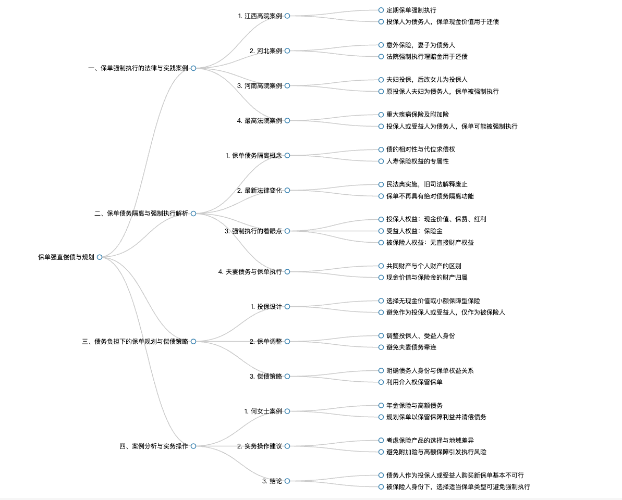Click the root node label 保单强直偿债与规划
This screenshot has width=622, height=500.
click(66, 257)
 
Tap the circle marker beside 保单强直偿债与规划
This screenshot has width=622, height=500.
click(100, 257)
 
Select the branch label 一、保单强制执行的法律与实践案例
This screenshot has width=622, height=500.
click(138, 68)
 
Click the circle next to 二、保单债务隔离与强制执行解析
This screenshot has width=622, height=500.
click(193, 214)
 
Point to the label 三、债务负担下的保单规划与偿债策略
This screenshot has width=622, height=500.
click(135, 342)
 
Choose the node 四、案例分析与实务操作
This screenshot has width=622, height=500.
click(153, 446)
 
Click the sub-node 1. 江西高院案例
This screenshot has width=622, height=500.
click(260, 16)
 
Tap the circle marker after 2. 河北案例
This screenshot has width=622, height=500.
click(287, 51)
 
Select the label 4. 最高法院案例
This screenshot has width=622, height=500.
click(260, 120)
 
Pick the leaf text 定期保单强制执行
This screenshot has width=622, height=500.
click(411, 10)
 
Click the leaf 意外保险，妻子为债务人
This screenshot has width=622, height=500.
click(421, 45)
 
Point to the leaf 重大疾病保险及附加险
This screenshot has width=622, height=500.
click(418, 115)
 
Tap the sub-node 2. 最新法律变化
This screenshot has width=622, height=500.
click(260, 190)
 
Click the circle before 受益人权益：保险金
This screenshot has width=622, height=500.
click(381, 231)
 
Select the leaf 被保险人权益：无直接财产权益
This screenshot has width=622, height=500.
click(430, 243)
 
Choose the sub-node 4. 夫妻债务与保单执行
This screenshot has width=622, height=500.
click(250, 272)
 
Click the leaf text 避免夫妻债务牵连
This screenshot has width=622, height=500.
click(411, 347)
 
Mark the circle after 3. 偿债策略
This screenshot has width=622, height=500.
click(287, 377)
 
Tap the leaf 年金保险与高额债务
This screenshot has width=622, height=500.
click(414, 405)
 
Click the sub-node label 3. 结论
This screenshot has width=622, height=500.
click(272, 481)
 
